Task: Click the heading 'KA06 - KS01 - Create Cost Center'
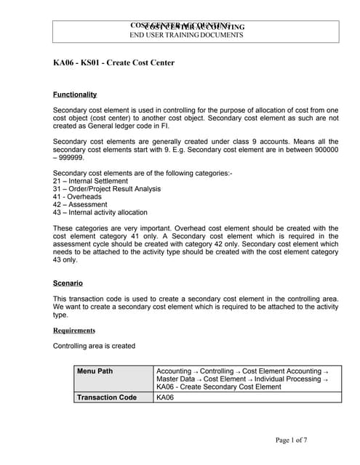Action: (x=113, y=62)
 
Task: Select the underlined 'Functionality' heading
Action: (x=75, y=95)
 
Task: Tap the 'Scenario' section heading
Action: (x=68, y=283)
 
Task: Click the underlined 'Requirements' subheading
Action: (x=74, y=331)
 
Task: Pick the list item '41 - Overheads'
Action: (x=77, y=197)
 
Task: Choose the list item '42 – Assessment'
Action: (x=81, y=205)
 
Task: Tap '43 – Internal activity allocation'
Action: (x=100, y=213)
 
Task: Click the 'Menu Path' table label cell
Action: (x=95, y=371)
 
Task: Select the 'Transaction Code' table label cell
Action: (x=106, y=397)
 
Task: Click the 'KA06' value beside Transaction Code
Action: (x=166, y=397)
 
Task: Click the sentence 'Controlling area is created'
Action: (x=94, y=346)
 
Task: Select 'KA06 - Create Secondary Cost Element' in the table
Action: (x=218, y=387)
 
